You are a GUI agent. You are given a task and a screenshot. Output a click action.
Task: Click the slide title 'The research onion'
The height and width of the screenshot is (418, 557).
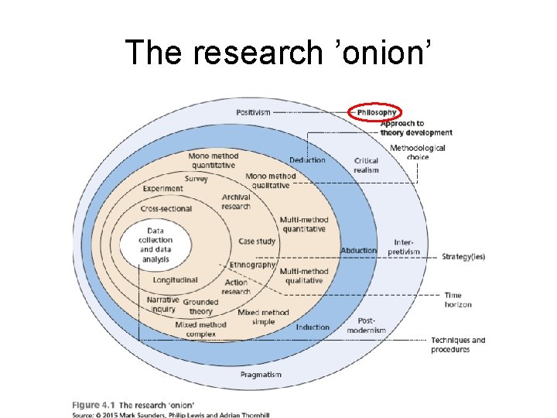tap(278, 52)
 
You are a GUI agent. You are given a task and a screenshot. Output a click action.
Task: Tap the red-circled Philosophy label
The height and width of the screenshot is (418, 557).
tap(376, 113)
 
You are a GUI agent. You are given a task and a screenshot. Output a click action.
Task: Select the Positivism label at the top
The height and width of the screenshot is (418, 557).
tap(253, 112)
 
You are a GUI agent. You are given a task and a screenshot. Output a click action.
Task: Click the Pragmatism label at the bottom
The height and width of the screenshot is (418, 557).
tap(261, 375)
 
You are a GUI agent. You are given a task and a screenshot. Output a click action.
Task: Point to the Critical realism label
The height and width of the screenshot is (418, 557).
tap(367, 165)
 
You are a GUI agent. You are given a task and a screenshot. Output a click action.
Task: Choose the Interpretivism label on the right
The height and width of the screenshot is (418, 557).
tap(403, 247)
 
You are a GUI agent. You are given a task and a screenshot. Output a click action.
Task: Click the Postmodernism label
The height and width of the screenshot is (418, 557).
tap(366, 326)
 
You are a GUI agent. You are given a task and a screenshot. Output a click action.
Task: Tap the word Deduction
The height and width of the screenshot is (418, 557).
tap(307, 160)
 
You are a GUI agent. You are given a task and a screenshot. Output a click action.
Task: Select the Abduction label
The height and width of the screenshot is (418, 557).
tap(358, 251)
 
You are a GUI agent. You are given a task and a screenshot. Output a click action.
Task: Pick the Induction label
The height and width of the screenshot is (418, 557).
tap(312, 327)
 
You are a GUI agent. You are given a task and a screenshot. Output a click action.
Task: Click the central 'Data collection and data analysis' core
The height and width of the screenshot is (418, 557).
tap(155, 245)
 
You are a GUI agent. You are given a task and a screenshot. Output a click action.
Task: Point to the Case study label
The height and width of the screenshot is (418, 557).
tap(257, 242)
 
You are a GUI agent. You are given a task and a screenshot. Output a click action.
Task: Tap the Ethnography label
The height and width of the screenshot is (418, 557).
tap(252, 265)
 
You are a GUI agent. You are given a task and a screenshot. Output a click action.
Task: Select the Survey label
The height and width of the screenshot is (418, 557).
tap(196, 180)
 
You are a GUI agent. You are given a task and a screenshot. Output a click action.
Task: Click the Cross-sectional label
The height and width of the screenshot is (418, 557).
tap(166, 209)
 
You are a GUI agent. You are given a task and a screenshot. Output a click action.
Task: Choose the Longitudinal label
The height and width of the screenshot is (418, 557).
tap(175, 279)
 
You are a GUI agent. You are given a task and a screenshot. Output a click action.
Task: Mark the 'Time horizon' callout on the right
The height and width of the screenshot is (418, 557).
tap(458, 300)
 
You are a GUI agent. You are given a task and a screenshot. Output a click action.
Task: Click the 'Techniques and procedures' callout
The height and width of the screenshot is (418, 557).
tap(458, 344)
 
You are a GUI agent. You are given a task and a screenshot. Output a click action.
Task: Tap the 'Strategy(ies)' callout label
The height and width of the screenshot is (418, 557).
tap(463, 257)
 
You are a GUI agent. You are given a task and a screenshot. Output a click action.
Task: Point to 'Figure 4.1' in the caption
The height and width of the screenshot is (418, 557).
tap(93, 405)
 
